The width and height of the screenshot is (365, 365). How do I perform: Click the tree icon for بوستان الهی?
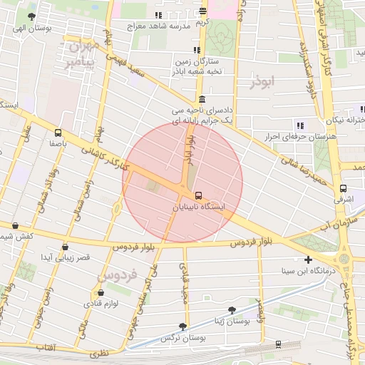coord(31,16)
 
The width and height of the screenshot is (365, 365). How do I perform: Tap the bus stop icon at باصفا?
coord(58,132)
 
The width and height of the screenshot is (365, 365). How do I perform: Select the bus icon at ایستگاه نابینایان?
coord(198,195)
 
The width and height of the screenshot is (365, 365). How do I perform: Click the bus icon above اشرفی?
coord(344,189)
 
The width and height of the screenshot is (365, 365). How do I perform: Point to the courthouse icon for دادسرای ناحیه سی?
coord(203,100)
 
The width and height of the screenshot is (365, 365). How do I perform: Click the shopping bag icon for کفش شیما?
coord(16,225)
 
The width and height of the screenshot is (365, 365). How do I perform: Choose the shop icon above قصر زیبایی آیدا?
coord(65,247)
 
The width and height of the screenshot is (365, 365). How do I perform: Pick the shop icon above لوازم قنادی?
coord(101,292)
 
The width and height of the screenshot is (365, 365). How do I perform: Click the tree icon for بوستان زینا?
coord(232,310)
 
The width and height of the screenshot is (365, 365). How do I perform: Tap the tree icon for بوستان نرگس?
coord(183,327)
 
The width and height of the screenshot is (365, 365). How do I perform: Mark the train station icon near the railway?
coord(278,344)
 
